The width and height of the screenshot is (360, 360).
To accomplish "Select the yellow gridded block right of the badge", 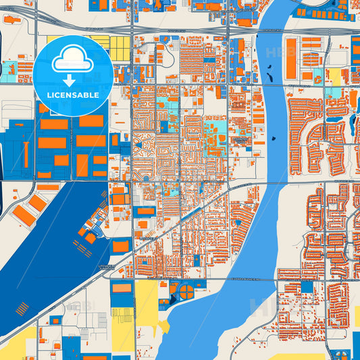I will coord(120,47).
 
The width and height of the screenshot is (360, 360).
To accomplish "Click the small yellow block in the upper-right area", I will coord(334,76).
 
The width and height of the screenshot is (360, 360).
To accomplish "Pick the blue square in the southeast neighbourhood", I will coord(307,287).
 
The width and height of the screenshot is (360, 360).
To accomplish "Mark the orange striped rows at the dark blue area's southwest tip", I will coord(22,309).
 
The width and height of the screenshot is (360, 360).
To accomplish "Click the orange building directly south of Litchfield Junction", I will coord(122,288).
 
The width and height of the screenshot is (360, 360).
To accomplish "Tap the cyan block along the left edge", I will coord(8,68).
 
